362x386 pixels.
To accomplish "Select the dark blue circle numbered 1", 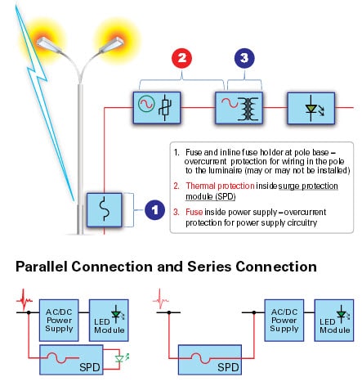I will point(154,209).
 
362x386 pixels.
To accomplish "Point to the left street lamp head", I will point(47,41).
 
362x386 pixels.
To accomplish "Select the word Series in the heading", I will point(208,267).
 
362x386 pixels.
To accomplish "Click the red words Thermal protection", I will point(215,186).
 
